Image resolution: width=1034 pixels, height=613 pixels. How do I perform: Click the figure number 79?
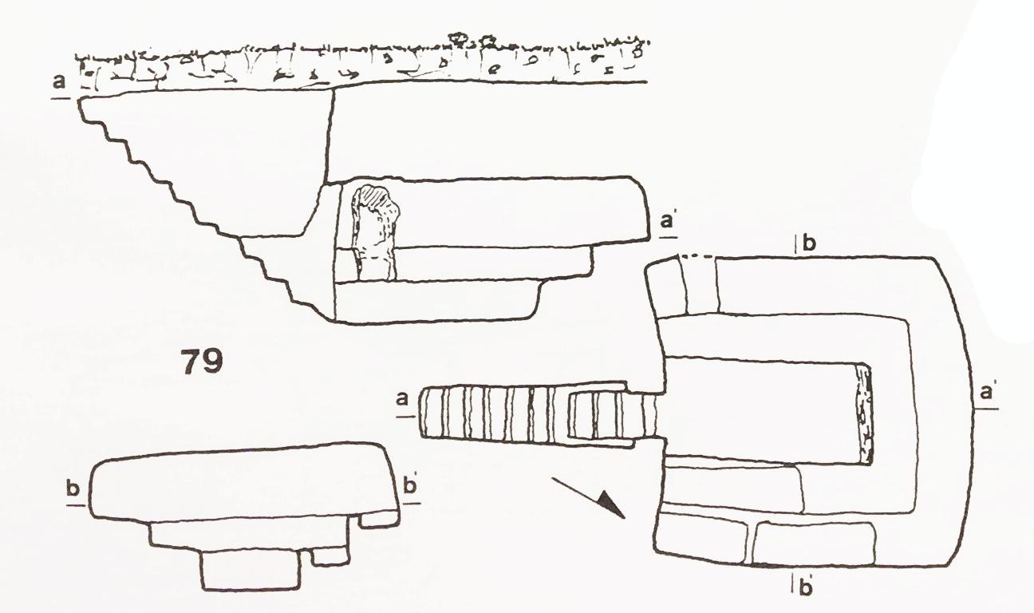(201, 362)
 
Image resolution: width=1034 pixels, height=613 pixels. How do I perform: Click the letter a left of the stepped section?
(60, 82)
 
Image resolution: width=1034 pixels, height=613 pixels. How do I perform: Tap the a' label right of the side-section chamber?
(668, 222)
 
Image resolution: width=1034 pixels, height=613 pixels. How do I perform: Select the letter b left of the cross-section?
(73, 489)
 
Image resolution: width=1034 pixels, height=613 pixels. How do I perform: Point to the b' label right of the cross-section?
(410, 487)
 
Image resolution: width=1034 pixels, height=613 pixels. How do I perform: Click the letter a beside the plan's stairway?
(403, 398)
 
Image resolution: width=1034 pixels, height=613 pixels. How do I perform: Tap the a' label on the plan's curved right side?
(987, 393)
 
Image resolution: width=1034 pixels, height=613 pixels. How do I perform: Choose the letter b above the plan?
(809, 243)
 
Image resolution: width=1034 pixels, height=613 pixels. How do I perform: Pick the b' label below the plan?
(806, 588)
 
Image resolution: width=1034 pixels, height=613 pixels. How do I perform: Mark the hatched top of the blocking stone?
(374, 196)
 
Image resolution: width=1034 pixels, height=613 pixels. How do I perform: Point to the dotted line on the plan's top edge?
(697, 256)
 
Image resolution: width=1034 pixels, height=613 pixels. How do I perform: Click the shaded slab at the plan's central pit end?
(864, 416)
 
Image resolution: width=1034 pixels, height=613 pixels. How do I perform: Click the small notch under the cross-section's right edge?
(378, 519)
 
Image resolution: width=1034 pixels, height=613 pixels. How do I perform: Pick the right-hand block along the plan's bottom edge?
(815, 544)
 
